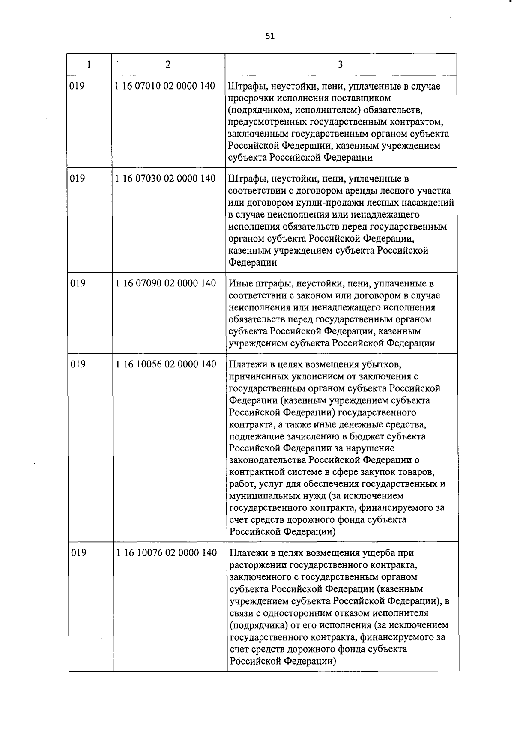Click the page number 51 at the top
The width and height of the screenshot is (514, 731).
tap(269, 36)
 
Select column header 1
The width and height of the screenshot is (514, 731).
tap(89, 65)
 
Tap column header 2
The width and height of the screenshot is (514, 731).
tap(168, 65)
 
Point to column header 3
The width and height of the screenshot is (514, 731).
tap(340, 65)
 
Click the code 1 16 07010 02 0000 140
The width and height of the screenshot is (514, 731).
tap(165, 86)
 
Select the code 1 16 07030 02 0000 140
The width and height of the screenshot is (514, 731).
tap(165, 178)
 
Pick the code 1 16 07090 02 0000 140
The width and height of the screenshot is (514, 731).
tap(165, 283)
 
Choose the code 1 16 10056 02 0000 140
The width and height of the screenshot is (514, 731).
tap(166, 364)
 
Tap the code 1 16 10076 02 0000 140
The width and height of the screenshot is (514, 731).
tap(166, 553)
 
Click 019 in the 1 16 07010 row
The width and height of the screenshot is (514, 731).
tap(77, 86)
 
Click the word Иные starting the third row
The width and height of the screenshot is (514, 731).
tap(240, 283)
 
